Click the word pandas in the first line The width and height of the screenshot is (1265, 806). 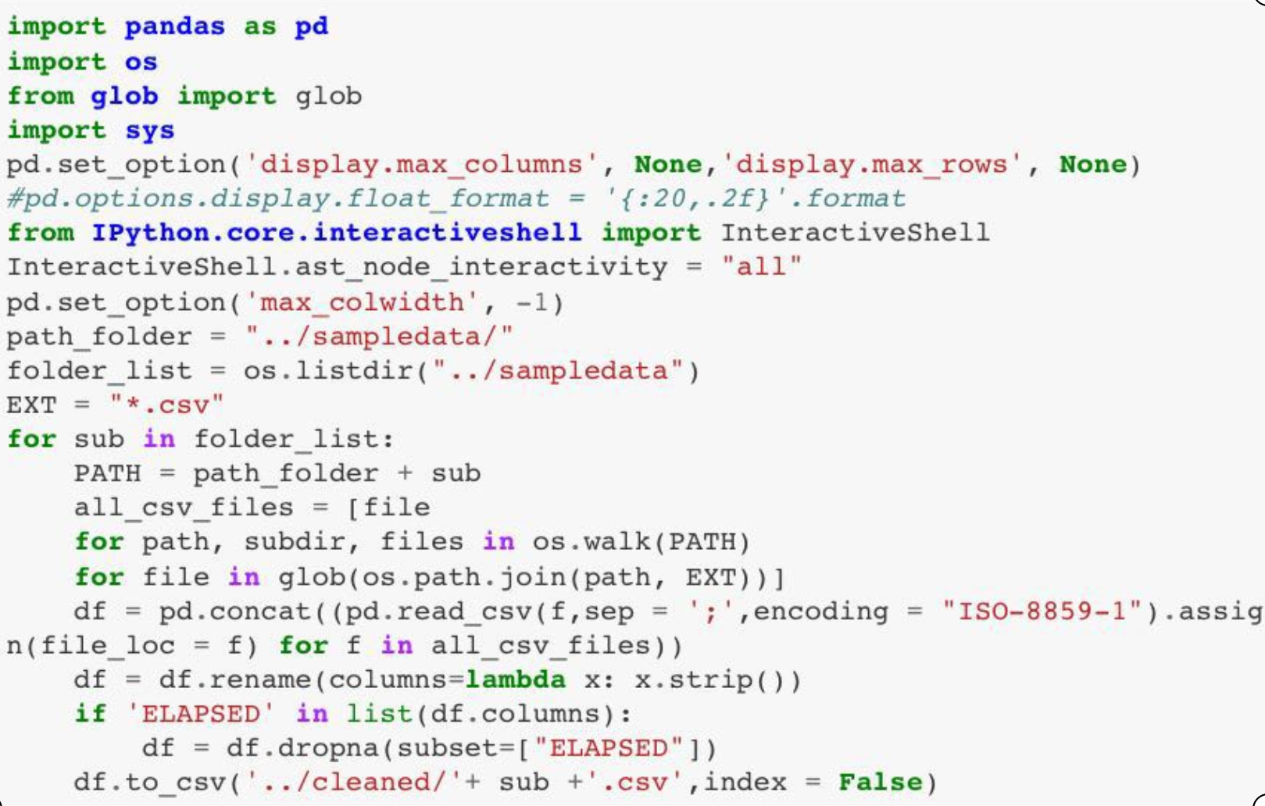pos(174,27)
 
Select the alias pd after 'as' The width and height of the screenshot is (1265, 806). pos(311,27)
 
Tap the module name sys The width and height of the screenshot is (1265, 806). pos(149,130)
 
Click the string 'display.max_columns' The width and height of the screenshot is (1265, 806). pos(421,165)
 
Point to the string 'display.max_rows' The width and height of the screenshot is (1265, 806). pos(872,165)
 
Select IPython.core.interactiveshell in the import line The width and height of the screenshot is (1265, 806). pos(337,233)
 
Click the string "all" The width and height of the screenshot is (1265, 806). pos(761,267)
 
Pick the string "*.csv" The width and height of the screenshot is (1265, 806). pos(166,405)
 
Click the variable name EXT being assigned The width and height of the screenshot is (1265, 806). pos(31,405)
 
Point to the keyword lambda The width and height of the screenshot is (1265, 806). pos(516,679)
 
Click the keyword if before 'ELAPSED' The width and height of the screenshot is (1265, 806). pos(91,714)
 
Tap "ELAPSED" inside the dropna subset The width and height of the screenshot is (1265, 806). pos(609,748)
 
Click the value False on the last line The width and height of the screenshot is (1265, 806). pos(880,783)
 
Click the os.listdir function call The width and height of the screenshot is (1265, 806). pos(329,371)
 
